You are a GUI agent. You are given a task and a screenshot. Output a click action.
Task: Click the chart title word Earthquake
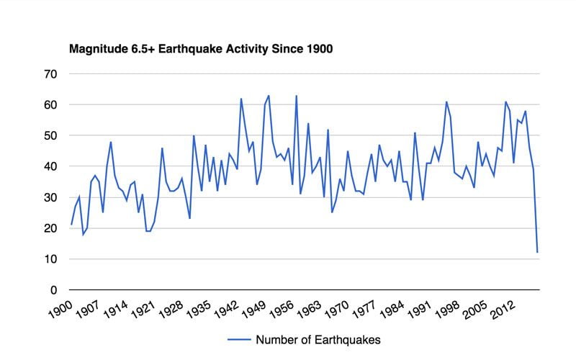188,50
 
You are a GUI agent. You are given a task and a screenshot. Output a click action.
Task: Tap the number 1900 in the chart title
318,50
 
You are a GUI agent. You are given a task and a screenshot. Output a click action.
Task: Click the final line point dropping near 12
537,252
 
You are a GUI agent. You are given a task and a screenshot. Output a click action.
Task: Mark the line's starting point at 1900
71,225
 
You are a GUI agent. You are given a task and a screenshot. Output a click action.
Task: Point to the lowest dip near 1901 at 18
83,234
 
